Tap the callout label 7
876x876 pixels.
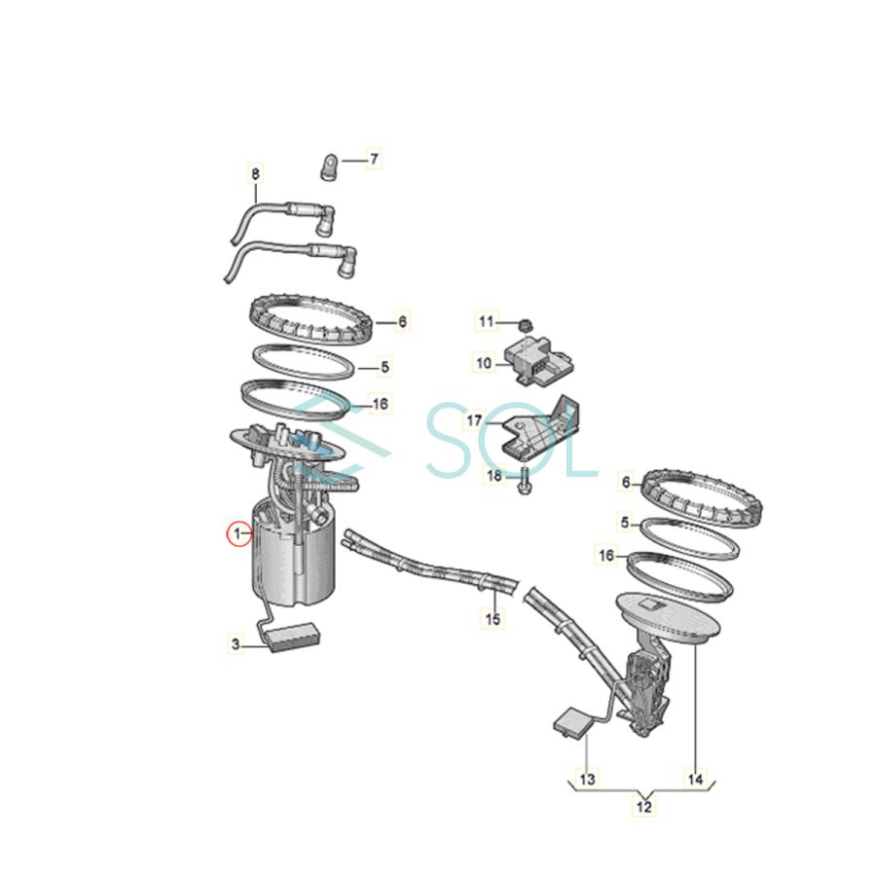(375, 158)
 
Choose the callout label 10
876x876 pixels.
(485, 362)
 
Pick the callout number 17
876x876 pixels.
(474, 421)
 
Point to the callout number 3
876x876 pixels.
(235, 643)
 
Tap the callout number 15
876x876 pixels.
(493, 618)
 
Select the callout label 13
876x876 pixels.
(587, 779)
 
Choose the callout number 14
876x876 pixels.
(695, 779)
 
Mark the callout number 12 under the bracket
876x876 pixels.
(644, 806)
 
